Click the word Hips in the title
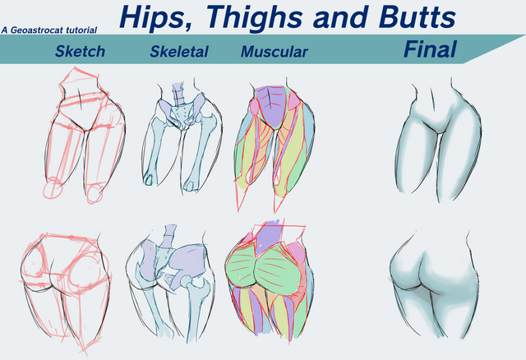point(154,17)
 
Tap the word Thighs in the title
point(246,17)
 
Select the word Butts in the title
point(411,17)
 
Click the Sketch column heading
point(80,52)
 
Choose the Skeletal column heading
point(179,52)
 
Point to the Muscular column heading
point(274,52)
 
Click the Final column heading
point(430,50)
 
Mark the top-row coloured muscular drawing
point(275,140)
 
